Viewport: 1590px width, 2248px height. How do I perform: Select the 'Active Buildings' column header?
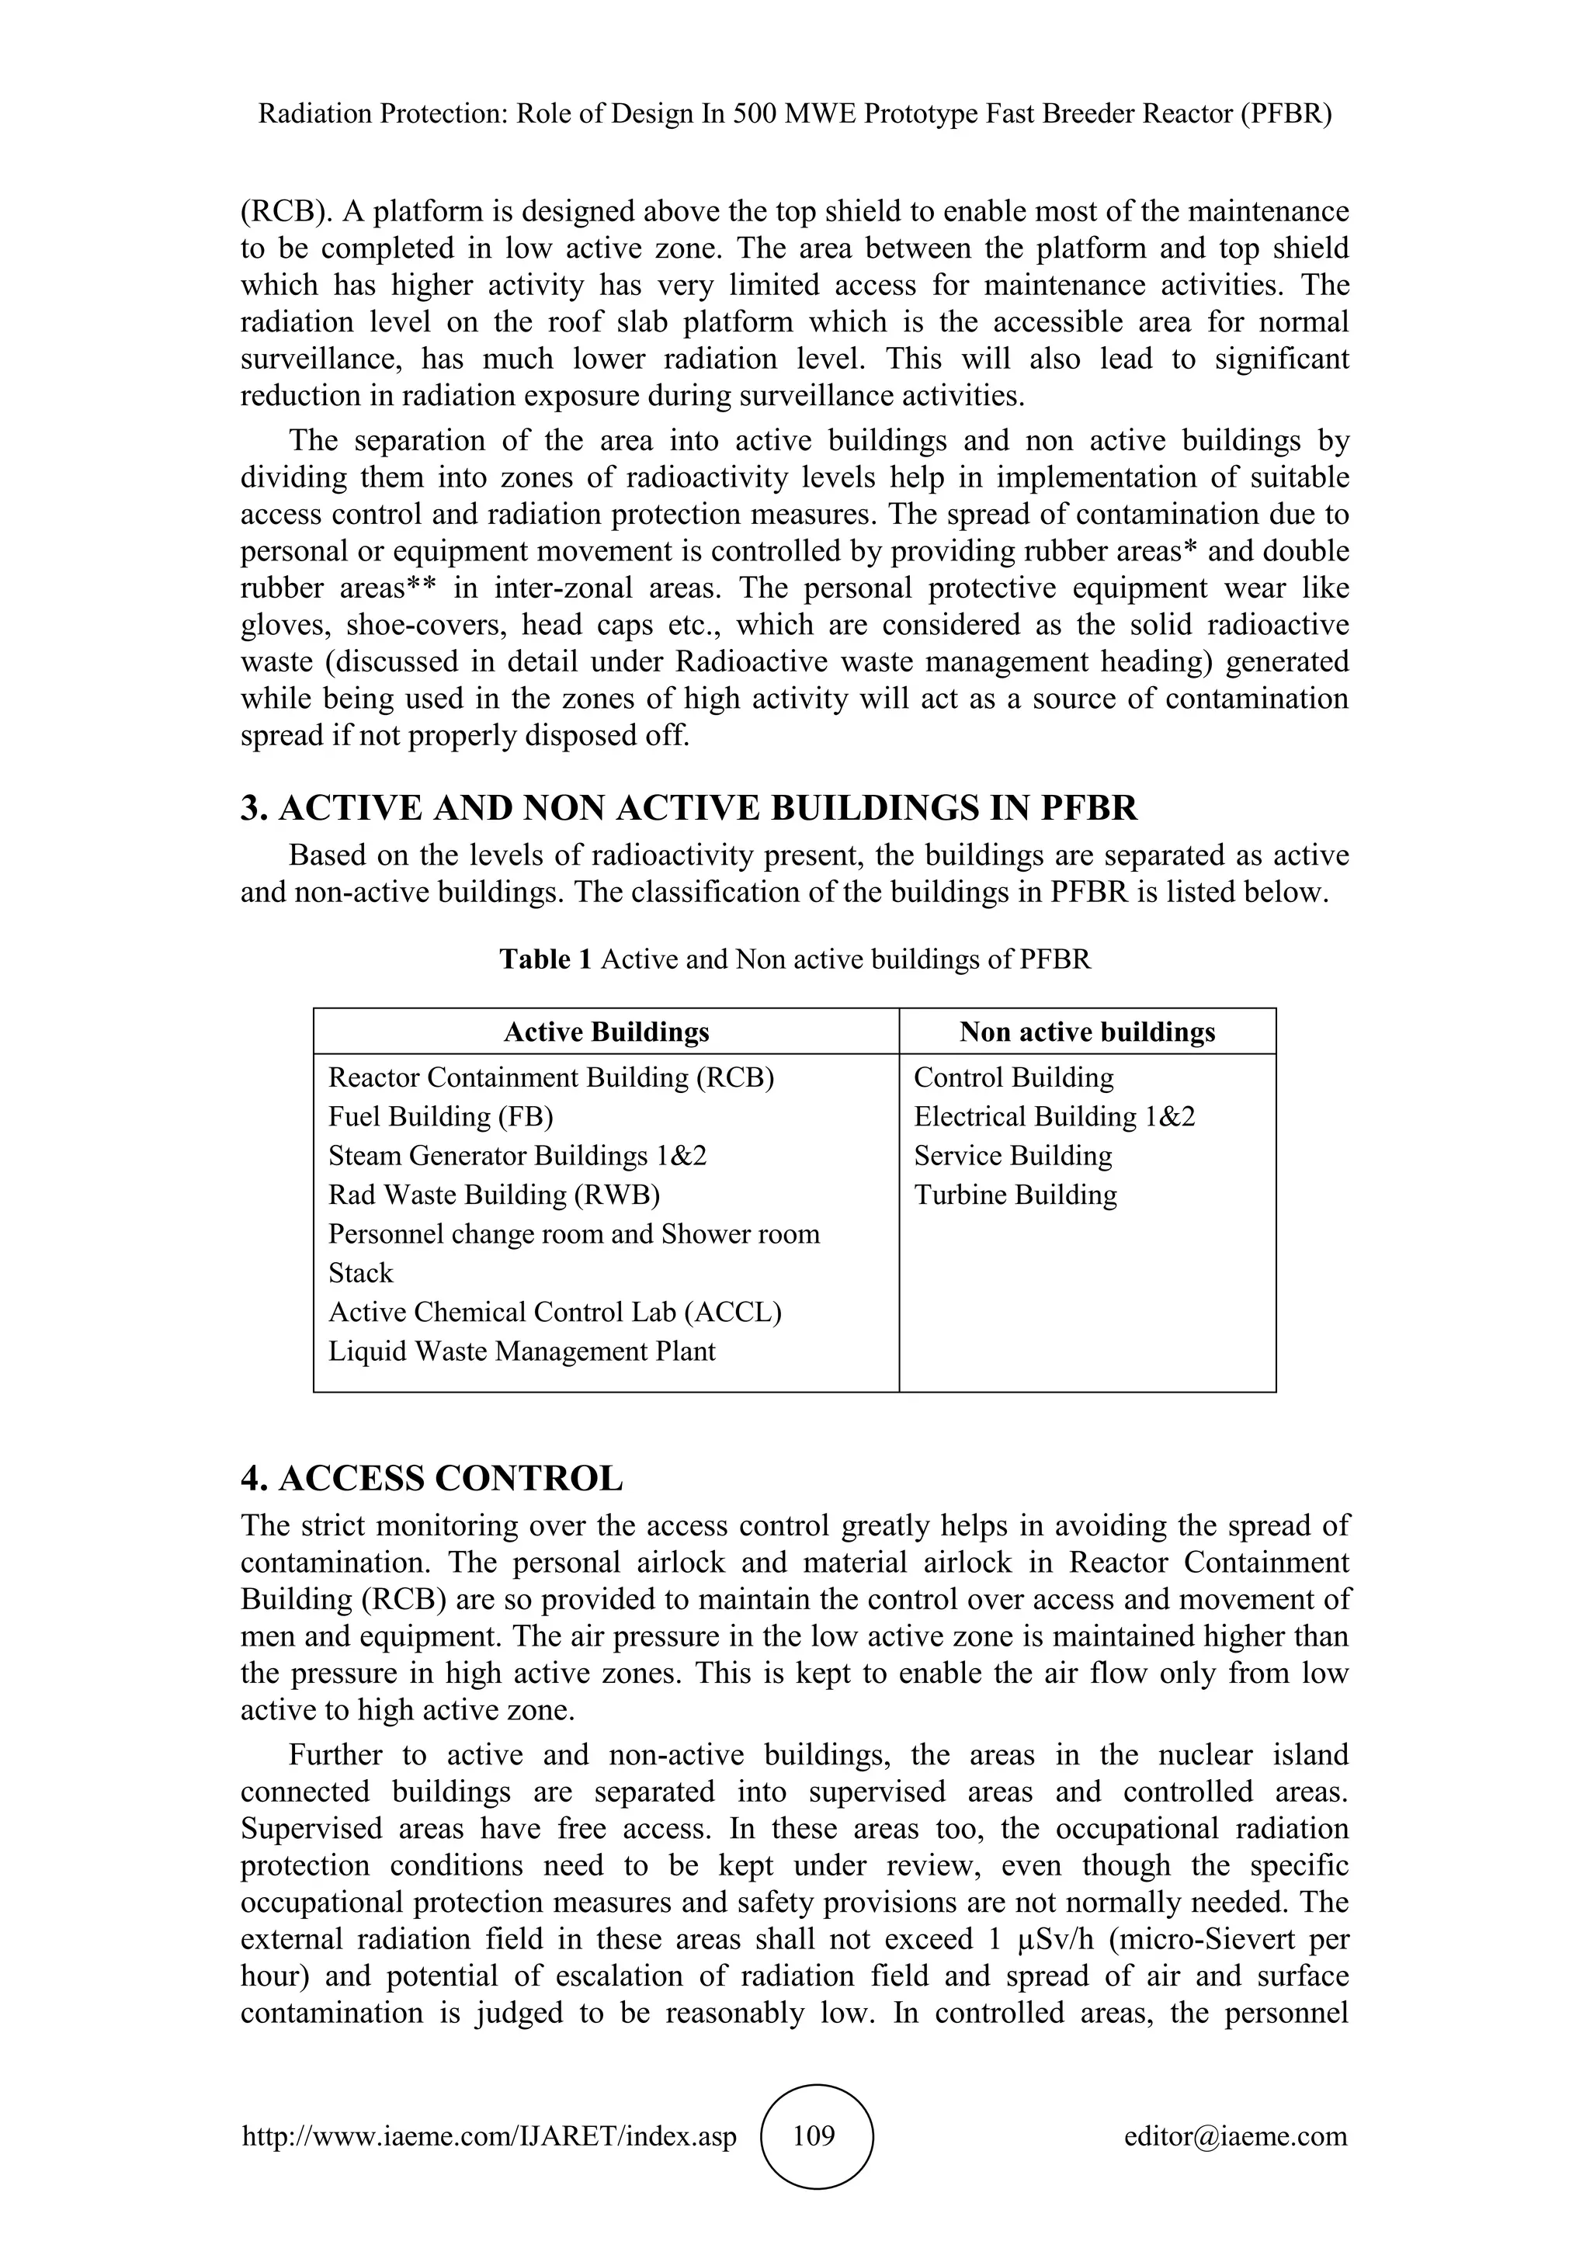click(x=606, y=1032)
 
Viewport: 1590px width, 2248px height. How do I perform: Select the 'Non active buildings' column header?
click(x=1087, y=1032)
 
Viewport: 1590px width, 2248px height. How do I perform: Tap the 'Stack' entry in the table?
click(x=360, y=1273)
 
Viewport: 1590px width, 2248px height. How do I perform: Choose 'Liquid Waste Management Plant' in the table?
click(x=521, y=1351)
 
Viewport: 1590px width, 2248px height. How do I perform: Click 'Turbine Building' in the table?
click(x=1015, y=1195)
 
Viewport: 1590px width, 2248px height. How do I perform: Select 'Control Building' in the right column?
click(x=1013, y=1077)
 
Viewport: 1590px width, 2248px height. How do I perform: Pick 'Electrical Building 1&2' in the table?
click(x=1054, y=1116)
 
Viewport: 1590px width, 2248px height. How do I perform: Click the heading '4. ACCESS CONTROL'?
click(x=432, y=1479)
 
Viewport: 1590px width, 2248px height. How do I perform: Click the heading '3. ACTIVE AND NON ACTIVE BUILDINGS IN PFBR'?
click(x=689, y=809)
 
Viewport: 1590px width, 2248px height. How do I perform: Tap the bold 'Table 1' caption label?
click(x=545, y=959)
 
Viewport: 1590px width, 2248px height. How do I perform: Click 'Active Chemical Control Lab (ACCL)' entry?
click(x=554, y=1312)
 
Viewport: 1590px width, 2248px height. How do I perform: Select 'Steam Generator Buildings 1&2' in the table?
click(x=517, y=1155)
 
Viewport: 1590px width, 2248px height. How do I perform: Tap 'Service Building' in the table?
click(x=1012, y=1155)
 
